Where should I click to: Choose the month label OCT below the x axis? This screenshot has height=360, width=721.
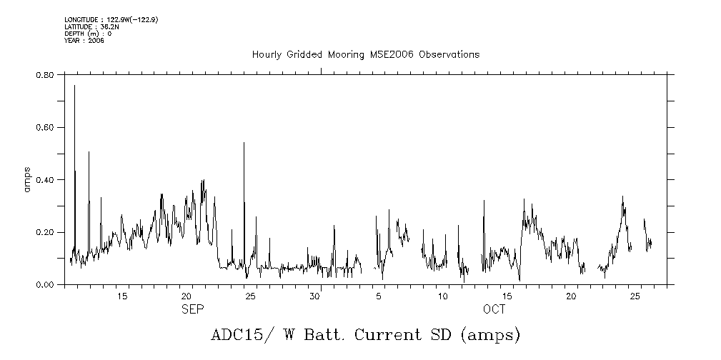(x=494, y=309)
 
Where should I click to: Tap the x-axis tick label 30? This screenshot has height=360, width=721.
(x=314, y=296)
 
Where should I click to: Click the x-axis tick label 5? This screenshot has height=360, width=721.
(x=380, y=296)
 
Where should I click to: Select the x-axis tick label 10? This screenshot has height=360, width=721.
(x=443, y=296)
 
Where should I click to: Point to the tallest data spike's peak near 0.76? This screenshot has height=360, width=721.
(x=74, y=85)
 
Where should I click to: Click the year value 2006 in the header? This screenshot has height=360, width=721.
(x=96, y=41)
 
